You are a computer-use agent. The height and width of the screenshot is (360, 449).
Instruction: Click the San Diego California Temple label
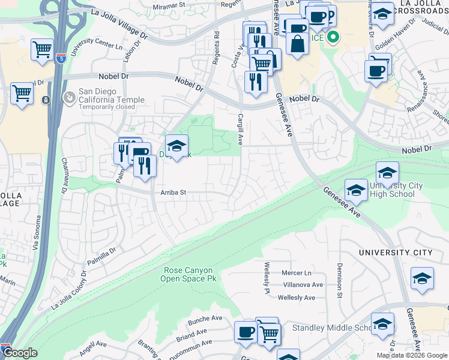[x=112, y=100]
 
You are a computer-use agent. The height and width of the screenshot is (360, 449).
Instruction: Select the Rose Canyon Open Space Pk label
[x=190, y=274]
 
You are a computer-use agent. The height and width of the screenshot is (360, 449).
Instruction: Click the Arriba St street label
[x=173, y=193]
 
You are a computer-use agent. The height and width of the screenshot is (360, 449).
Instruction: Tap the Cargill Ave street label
[x=240, y=130]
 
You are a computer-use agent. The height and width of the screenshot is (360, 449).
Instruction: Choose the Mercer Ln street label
[x=297, y=273]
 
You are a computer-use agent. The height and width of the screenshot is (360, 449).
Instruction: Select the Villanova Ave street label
[x=303, y=285]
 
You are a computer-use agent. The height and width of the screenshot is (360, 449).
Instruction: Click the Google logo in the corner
[x=19, y=353]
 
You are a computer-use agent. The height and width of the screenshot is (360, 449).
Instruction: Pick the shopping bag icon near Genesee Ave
[x=297, y=43]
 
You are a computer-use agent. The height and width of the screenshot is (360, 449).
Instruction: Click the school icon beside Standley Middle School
[x=382, y=324]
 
